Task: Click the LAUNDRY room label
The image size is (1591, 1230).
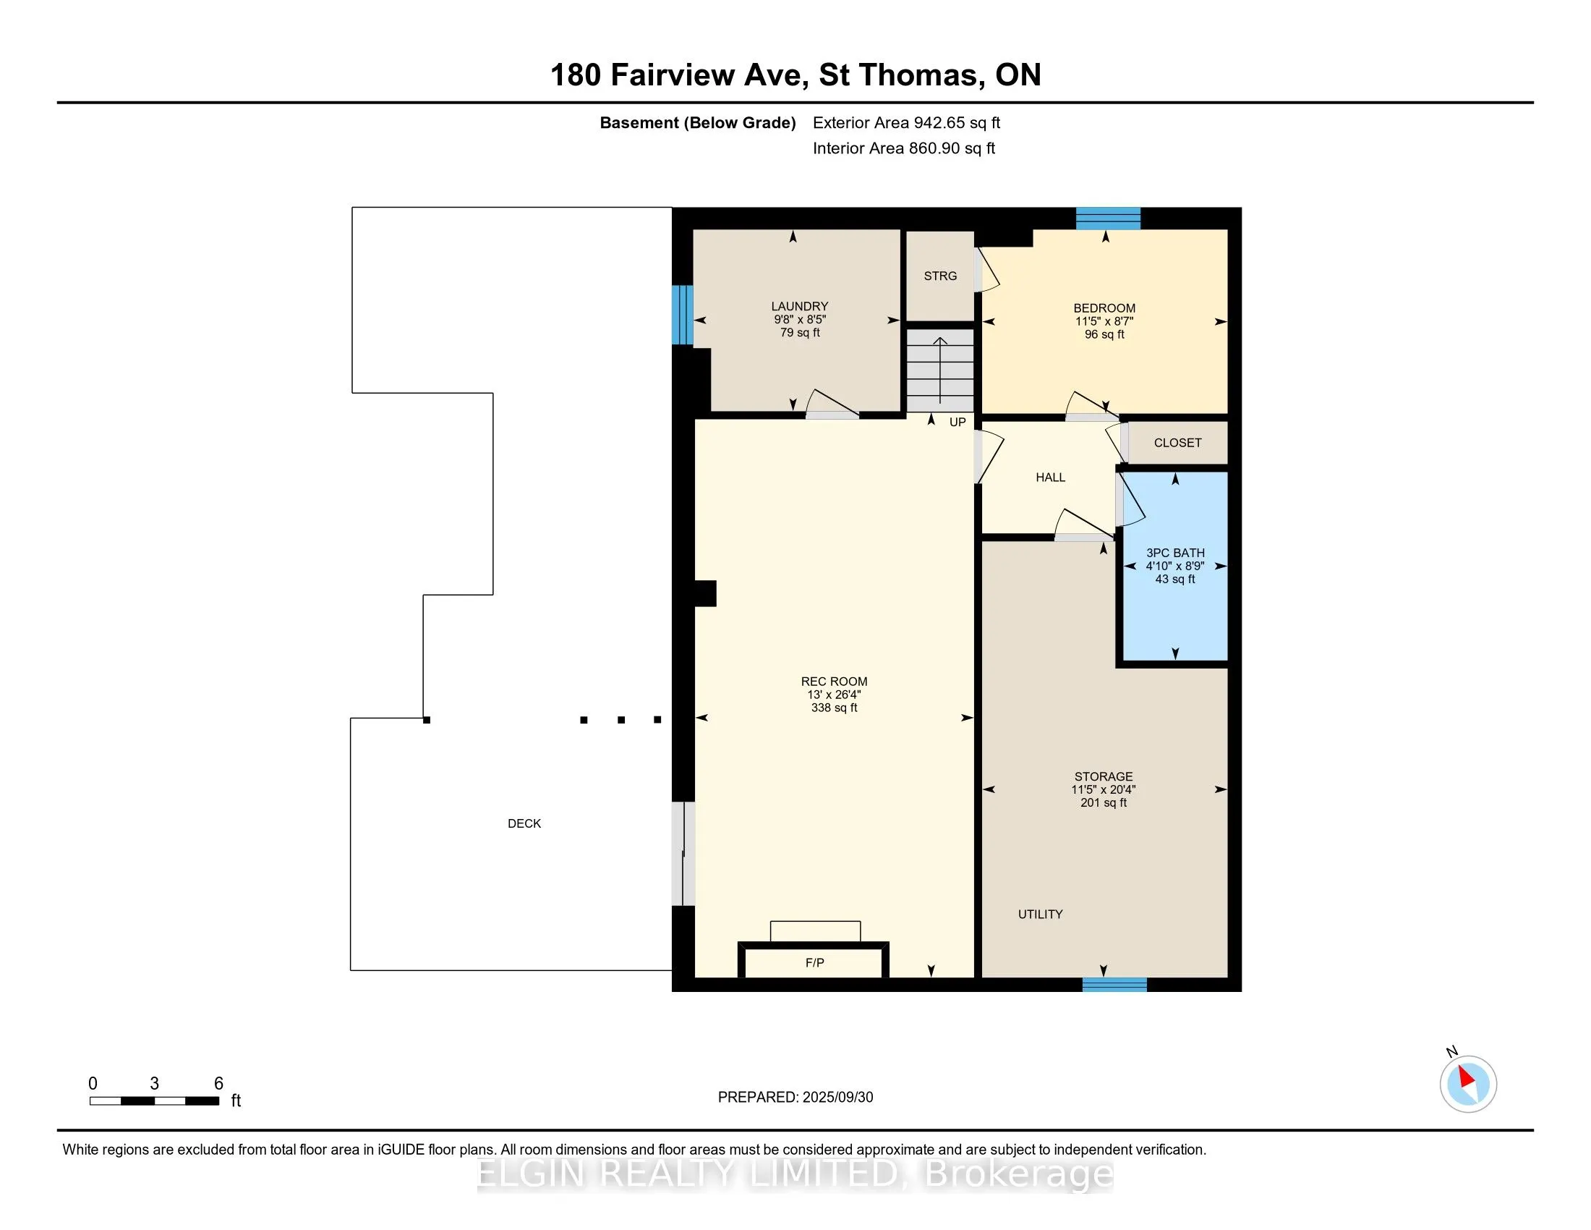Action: point(800,307)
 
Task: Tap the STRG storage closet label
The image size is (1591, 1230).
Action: point(939,276)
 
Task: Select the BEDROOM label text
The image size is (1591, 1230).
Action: point(1104,308)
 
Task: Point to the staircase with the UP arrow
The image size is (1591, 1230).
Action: point(939,370)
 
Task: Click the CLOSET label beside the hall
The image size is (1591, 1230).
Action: point(1177,443)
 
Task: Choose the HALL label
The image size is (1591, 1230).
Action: point(1051,478)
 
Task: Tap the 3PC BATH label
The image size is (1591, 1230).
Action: point(1175,553)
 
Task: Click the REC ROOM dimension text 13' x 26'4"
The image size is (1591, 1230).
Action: point(834,695)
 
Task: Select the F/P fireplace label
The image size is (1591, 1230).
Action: point(814,962)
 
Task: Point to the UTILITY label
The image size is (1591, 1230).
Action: point(1040,914)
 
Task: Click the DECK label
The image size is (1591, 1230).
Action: point(524,823)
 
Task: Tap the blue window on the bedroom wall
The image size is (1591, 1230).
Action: point(1108,219)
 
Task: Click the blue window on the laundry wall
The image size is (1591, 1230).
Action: point(682,315)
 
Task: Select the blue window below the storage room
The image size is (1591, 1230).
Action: point(1114,985)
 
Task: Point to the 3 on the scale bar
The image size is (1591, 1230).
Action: point(155,1084)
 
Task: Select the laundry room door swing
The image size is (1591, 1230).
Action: point(832,404)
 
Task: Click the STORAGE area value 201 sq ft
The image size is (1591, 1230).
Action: point(1104,803)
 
